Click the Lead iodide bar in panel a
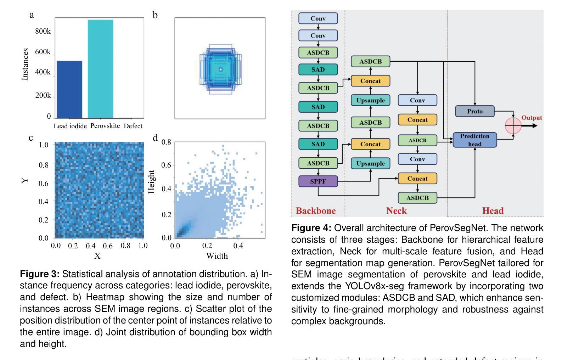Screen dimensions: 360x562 pos(69,89)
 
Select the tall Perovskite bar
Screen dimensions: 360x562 pos(101,69)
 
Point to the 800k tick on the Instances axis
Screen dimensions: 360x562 pos(43,31)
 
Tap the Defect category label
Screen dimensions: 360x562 pos(133,126)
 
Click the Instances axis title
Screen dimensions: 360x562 pos(25,64)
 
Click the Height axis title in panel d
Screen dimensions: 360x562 pos(152,182)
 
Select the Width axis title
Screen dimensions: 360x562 pos(217,256)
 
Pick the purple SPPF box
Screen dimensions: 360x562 pos(318,181)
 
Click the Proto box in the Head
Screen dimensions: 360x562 pos(474,111)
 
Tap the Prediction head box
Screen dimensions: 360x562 pos(474,140)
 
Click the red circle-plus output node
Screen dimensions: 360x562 pos(513,126)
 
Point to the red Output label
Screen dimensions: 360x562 pos(532,118)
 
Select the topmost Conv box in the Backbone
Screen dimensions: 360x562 pos(318,18)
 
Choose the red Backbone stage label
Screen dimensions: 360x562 pos(315,211)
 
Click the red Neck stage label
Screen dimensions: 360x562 pos(396,211)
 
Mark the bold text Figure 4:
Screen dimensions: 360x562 pos(311,228)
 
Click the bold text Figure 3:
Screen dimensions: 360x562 pos(40,274)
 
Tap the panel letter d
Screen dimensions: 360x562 pos(155,138)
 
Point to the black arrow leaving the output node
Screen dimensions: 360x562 pos(530,126)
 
